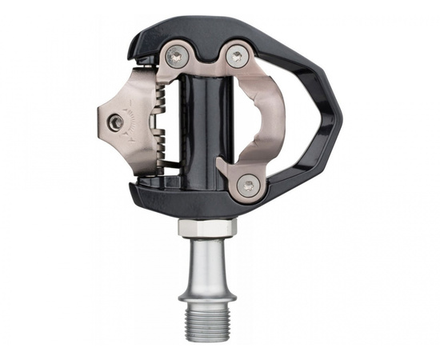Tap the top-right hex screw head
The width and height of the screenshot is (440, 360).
click(x=235, y=57)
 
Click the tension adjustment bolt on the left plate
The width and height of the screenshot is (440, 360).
click(x=118, y=122)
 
